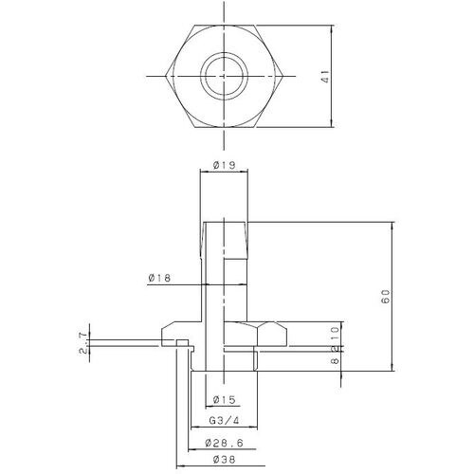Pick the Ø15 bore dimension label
225,398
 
